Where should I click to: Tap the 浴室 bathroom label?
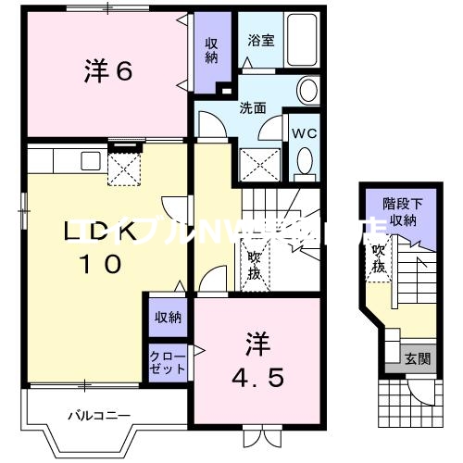(259, 42)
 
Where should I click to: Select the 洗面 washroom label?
(255, 107)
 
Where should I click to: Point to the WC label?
(305, 132)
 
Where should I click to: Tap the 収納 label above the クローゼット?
(168, 318)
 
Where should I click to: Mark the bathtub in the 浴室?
(301, 40)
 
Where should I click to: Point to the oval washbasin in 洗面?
(308, 90)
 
